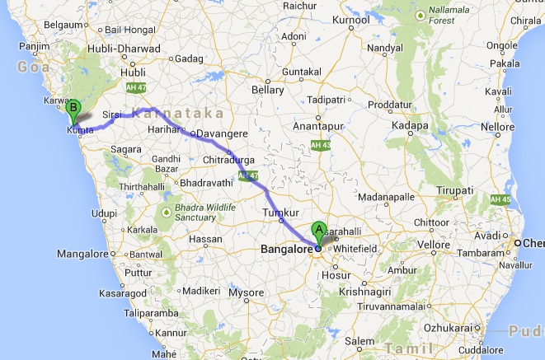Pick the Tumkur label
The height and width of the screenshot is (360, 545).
[278, 213]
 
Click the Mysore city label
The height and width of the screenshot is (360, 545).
[246, 292]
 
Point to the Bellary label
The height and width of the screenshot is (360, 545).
[268, 88]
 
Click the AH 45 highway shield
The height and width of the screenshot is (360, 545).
[500, 200]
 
